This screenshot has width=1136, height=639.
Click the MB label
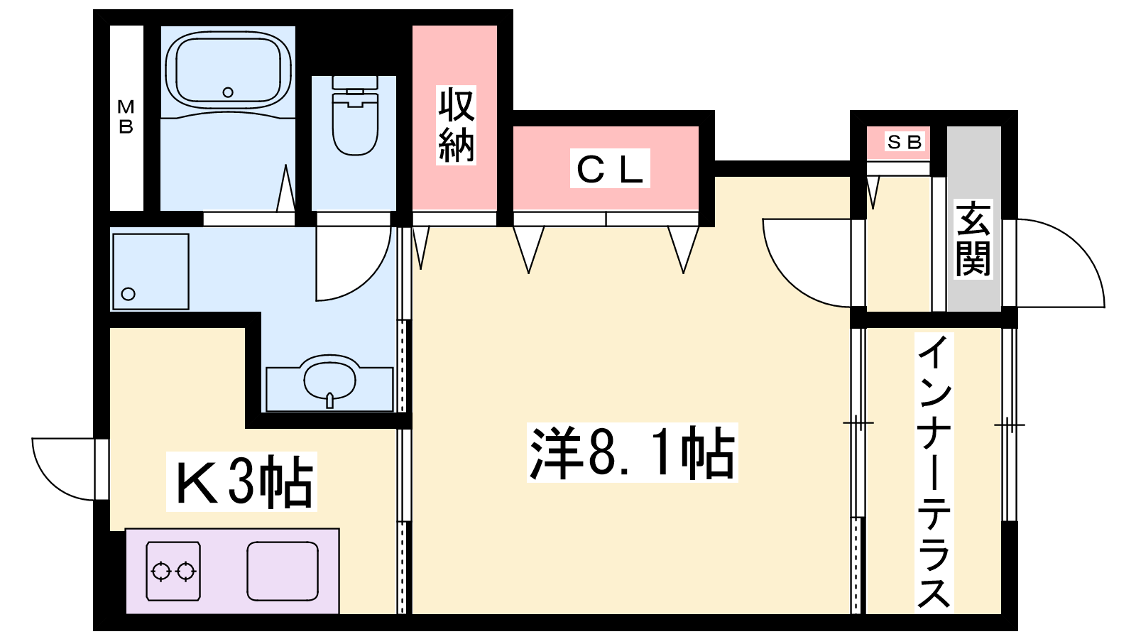point(126,117)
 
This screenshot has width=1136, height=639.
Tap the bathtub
point(227,71)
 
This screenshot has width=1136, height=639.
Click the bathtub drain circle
point(228,92)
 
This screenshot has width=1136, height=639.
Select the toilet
point(354,121)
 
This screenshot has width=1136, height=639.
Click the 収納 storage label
point(456,126)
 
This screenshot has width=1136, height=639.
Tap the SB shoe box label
point(904,142)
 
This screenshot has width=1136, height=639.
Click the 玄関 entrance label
point(973,239)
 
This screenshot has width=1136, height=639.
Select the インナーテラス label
point(934,472)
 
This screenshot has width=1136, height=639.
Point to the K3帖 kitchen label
point(242,482)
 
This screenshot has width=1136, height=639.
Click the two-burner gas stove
point(173,571)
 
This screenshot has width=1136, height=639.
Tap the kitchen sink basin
point(282,571)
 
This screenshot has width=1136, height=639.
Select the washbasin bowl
point(330,378)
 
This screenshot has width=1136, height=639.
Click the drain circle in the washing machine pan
point(129,294)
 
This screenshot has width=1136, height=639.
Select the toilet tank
point(354,82)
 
